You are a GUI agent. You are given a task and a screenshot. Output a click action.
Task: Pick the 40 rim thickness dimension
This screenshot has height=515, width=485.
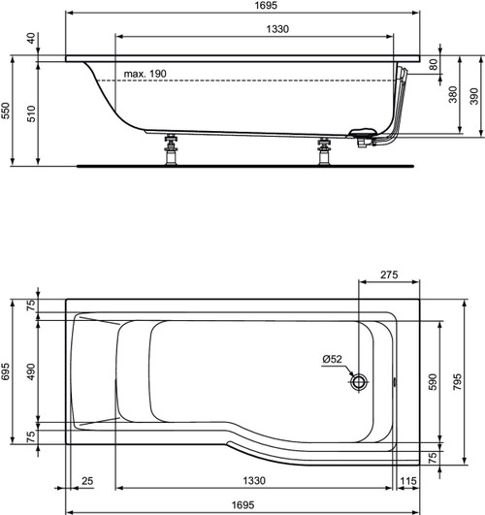tap(33, 39)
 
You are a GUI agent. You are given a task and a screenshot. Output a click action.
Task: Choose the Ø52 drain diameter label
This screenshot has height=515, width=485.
tap(334, 361)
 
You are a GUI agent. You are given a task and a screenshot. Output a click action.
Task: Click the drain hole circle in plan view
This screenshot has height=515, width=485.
tap(360, 382)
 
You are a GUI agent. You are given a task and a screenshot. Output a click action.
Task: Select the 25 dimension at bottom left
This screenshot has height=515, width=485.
tap(88, 482)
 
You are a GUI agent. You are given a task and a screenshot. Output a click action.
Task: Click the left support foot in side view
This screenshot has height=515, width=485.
tap(172, 150)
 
